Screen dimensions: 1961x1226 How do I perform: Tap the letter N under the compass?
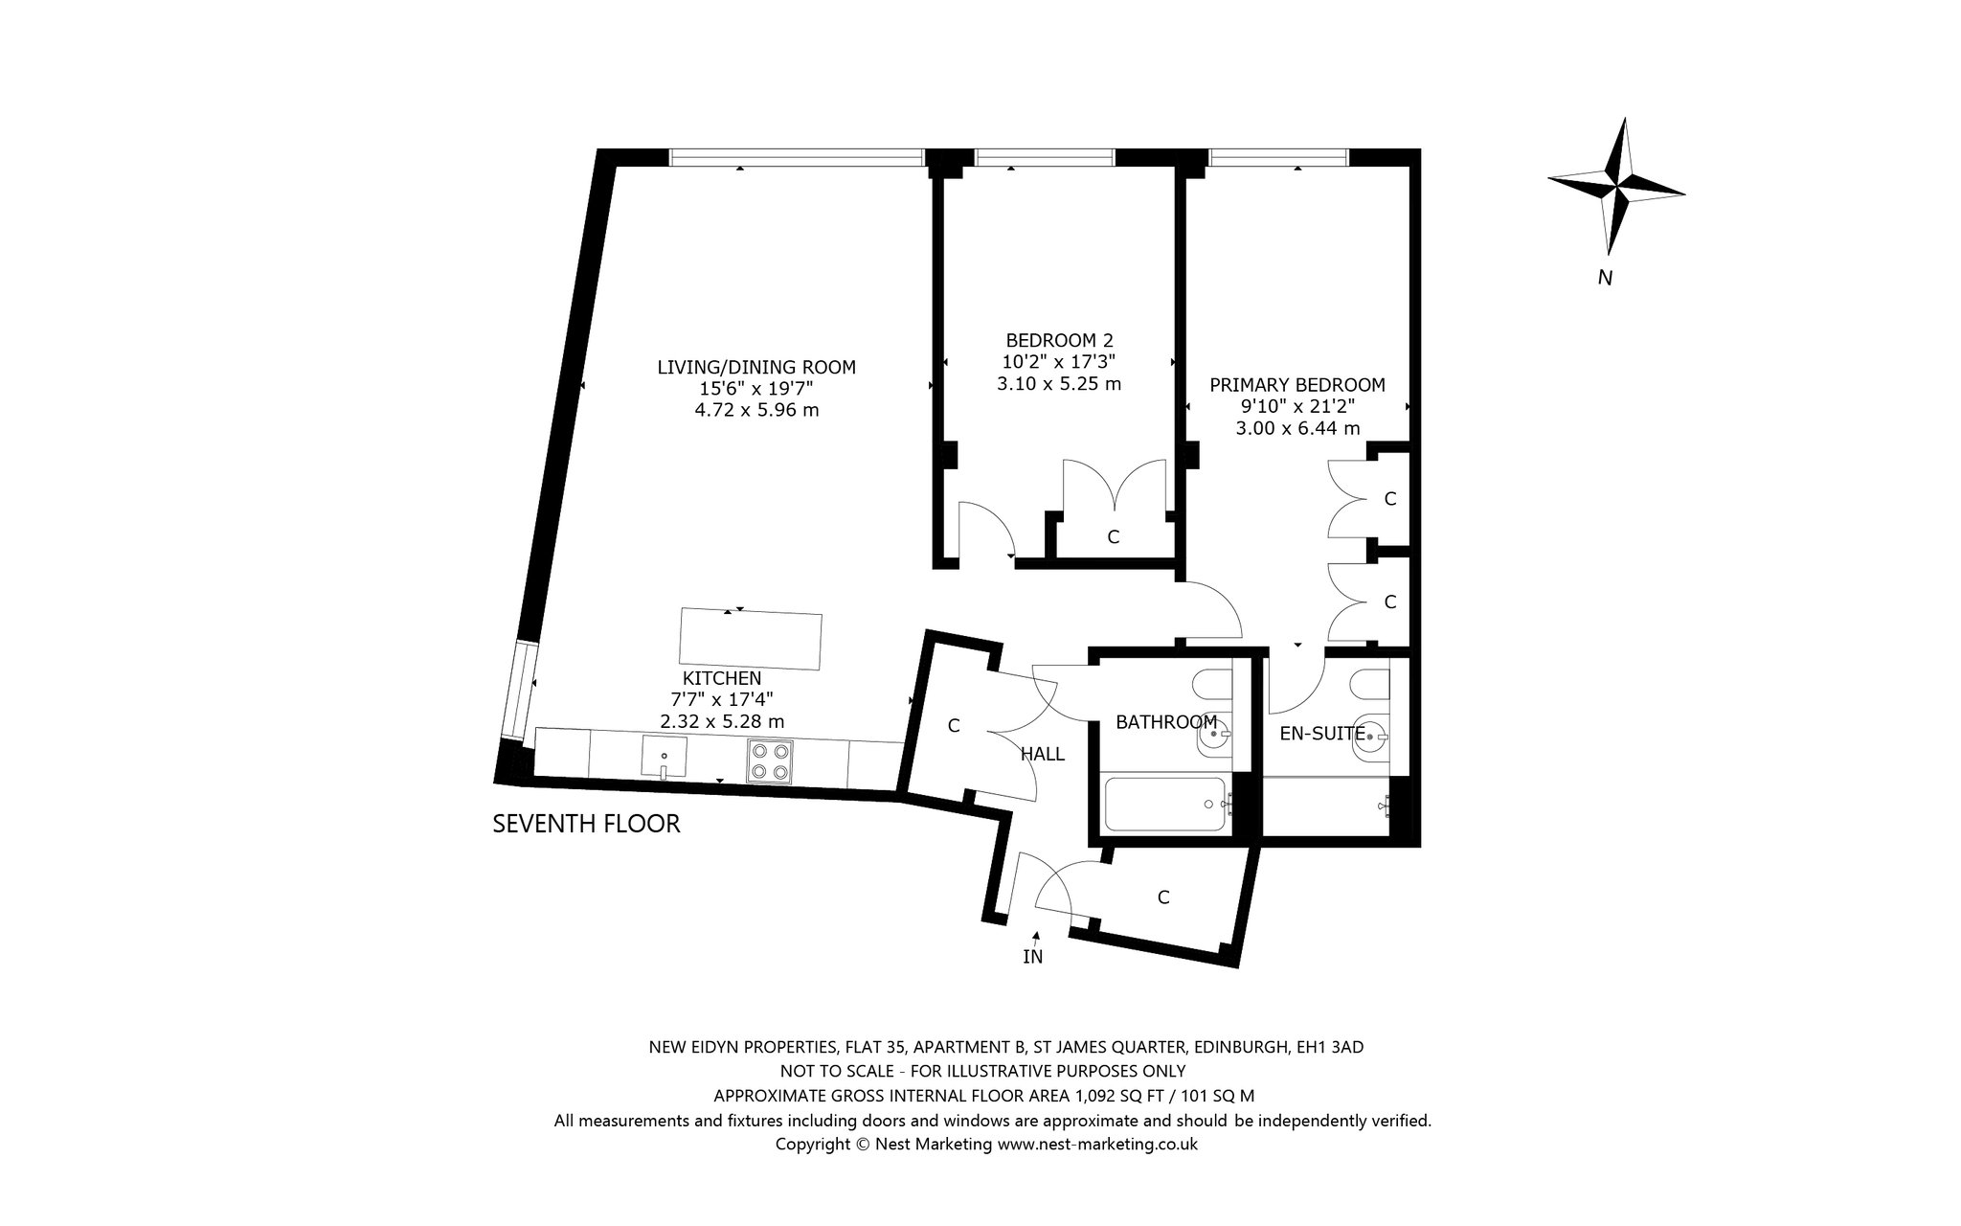pyautogui.click(x=1606, y=279)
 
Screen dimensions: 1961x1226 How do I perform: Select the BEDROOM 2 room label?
pyautogui.click(x=1059, y=340)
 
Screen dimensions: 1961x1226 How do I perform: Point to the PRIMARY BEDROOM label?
pyautogui.click(x=1297, y=385)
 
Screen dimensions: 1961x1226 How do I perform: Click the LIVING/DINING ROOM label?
pyautogui.click(x=756, y=367)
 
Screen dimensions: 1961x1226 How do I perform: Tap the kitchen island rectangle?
pyautogui.click(x=750, y=639)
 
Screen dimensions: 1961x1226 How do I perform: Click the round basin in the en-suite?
pyautogui.click(x=1371, y=738)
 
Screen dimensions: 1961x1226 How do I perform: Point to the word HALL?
pyautogui.click(x=1043, y=755)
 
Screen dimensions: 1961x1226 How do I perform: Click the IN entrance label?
pyautogui.click(x=1032, y=956)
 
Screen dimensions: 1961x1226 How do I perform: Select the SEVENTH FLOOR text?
pyautogui.click(x=586, y=824)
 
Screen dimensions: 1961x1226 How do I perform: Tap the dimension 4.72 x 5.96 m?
pyautogui.click(x=756, y=410)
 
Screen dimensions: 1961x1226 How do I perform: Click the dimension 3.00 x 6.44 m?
pyautogui.click(x=1297, y=428)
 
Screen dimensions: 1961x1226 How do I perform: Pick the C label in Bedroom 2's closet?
pyautogui.click(x=1113, y=537)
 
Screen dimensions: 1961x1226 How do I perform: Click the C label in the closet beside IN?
pyautogui.click(x=1163, y=897)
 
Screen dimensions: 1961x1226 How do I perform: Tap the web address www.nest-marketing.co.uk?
pyautogui.click(x=1097, y=1144)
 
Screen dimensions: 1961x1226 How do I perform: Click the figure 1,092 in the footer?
pyautogui.click(x=1101, y=1096)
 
